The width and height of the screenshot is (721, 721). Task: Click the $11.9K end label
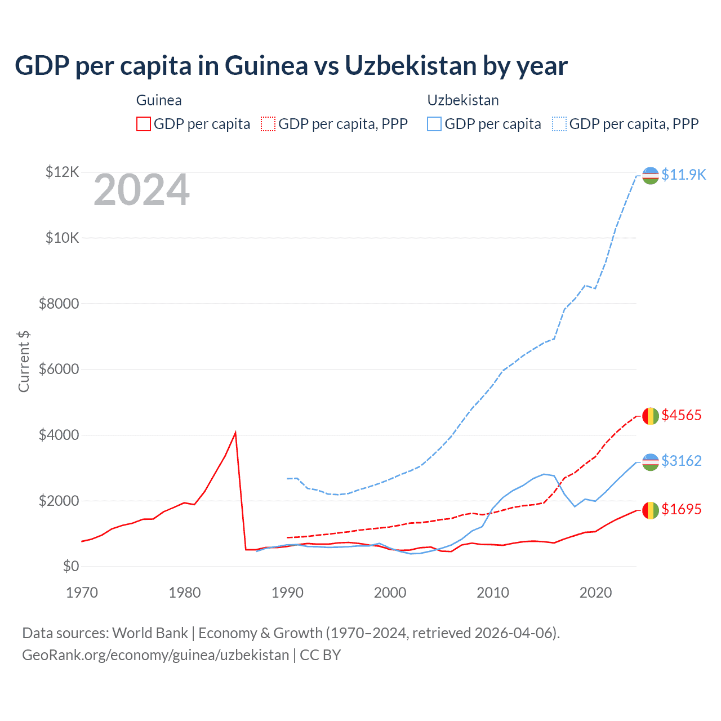tap(683, 175)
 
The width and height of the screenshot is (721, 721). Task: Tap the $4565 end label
tap(682, 415)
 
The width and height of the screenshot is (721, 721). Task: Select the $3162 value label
tap(682, 461)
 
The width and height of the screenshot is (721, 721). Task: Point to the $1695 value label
tap(682, 509)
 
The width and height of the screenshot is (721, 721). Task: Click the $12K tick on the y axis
tap(63, 172)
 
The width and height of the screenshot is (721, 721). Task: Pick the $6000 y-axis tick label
tap(59, 370)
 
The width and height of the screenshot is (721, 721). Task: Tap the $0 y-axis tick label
tap(70, 566)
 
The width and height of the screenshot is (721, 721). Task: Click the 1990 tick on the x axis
tap(287, 593)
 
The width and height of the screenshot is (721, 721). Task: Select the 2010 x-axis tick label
tap(493, 593)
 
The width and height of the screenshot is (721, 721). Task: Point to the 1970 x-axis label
tap(82, 593)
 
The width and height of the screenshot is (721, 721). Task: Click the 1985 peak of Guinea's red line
tap(235, 433)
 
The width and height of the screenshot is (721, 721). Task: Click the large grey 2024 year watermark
tap(141, 190)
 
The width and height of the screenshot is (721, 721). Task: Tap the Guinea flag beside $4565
tap(650, 416)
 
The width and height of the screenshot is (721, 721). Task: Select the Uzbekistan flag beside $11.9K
tap(650, 175)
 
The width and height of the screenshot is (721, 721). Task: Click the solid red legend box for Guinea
tap(144, 124)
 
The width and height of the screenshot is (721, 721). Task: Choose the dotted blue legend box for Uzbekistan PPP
tap(559, 124)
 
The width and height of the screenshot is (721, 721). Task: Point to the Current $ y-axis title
tap(24, 362)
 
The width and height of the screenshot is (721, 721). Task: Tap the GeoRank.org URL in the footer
tap(155, 655)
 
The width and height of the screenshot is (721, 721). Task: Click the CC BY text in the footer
tap(320, 655)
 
